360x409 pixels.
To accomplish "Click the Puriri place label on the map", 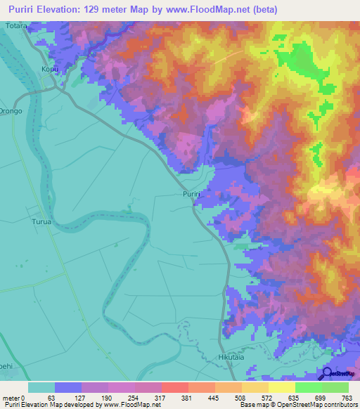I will (192, 193).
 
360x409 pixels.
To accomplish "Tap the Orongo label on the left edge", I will (11, 111).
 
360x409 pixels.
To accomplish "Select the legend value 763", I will (347, 397).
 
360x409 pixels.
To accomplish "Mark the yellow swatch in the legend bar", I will (281, 387).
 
